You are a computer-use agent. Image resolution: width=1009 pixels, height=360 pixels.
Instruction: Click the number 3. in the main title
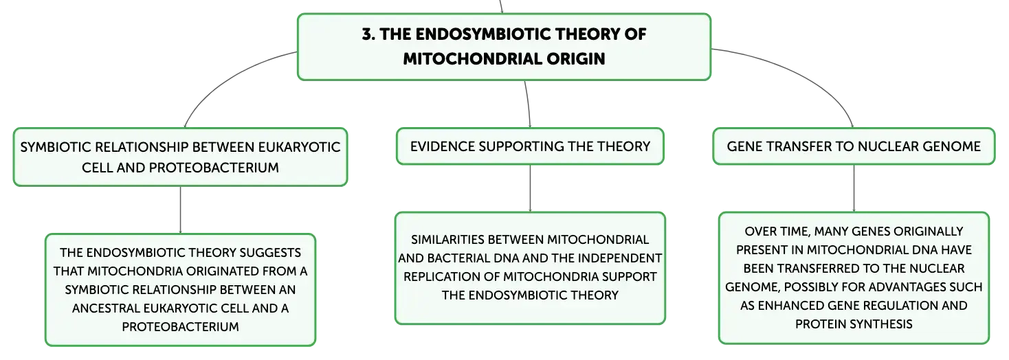[x=369, y=34]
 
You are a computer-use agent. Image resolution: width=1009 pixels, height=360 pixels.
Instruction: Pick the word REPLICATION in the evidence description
[x=451, y=276]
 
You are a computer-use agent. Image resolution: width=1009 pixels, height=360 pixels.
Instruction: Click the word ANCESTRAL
[x=106, y=308]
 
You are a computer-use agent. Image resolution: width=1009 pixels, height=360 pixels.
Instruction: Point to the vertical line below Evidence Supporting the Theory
[x=530, y=188]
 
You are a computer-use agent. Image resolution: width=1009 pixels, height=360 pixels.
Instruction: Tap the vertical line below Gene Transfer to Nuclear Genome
[x=854, y=188]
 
